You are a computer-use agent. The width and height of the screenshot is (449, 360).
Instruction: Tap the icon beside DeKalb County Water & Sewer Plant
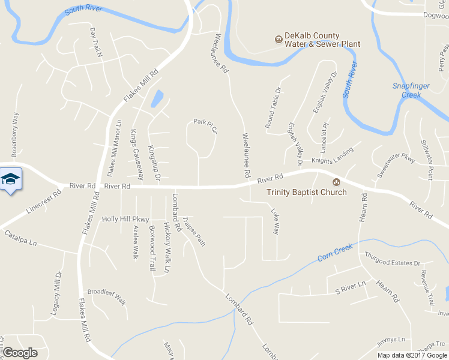[279, 40]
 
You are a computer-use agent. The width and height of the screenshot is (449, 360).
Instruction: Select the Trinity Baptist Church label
[307, 193]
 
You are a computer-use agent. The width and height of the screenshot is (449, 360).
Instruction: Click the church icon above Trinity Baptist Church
[336, 182]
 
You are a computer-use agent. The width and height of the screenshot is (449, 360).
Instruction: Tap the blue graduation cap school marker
[10, 179]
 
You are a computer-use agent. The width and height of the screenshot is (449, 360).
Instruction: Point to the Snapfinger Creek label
[411, 91]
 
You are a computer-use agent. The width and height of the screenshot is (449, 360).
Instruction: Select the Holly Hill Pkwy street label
[125, 220]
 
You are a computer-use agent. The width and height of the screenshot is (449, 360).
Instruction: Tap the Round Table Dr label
[274, 108]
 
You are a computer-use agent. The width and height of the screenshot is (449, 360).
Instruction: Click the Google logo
[20, 352]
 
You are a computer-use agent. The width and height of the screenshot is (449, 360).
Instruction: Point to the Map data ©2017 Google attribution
[412, 355]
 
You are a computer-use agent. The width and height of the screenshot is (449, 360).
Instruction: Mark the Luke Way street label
[276, 221]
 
